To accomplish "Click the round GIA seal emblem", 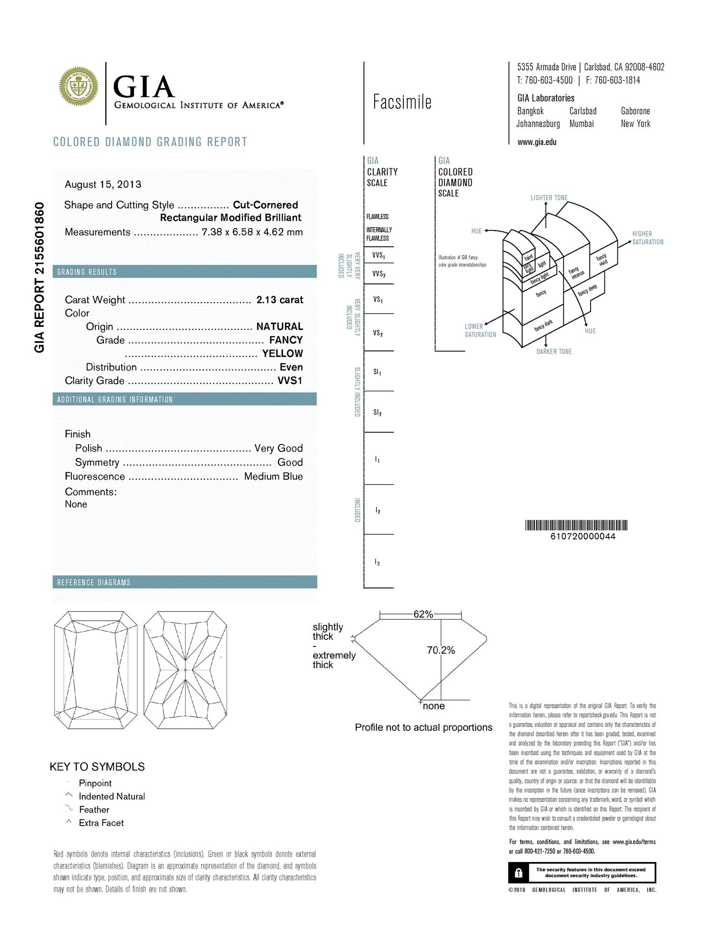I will tap(79, 87).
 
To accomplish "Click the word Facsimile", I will tap(402, 102).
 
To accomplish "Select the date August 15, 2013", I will tap(103, 184).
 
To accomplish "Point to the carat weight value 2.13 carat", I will tap(280, 300).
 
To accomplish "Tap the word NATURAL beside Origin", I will tap(280, 327).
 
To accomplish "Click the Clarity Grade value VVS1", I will tap(290, 381).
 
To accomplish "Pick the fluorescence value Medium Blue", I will tap(273, 476).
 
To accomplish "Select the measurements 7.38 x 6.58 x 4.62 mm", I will tap(252, 232).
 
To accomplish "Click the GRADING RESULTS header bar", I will tap(184, 272).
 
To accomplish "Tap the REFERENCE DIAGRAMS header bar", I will tap(184, 582).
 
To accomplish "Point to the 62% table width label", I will tap(423, 614).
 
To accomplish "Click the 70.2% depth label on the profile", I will tap(441, 650).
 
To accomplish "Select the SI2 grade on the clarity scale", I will tap(377, 412).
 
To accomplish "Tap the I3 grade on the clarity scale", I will tap(377, 562).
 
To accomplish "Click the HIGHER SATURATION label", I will tap(648, 238).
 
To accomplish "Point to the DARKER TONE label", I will tap(554, 351).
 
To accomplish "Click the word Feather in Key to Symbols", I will tap(94, 809).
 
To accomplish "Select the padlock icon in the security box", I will tap(518, 873).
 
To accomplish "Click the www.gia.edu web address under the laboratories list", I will tap(537, 142).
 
